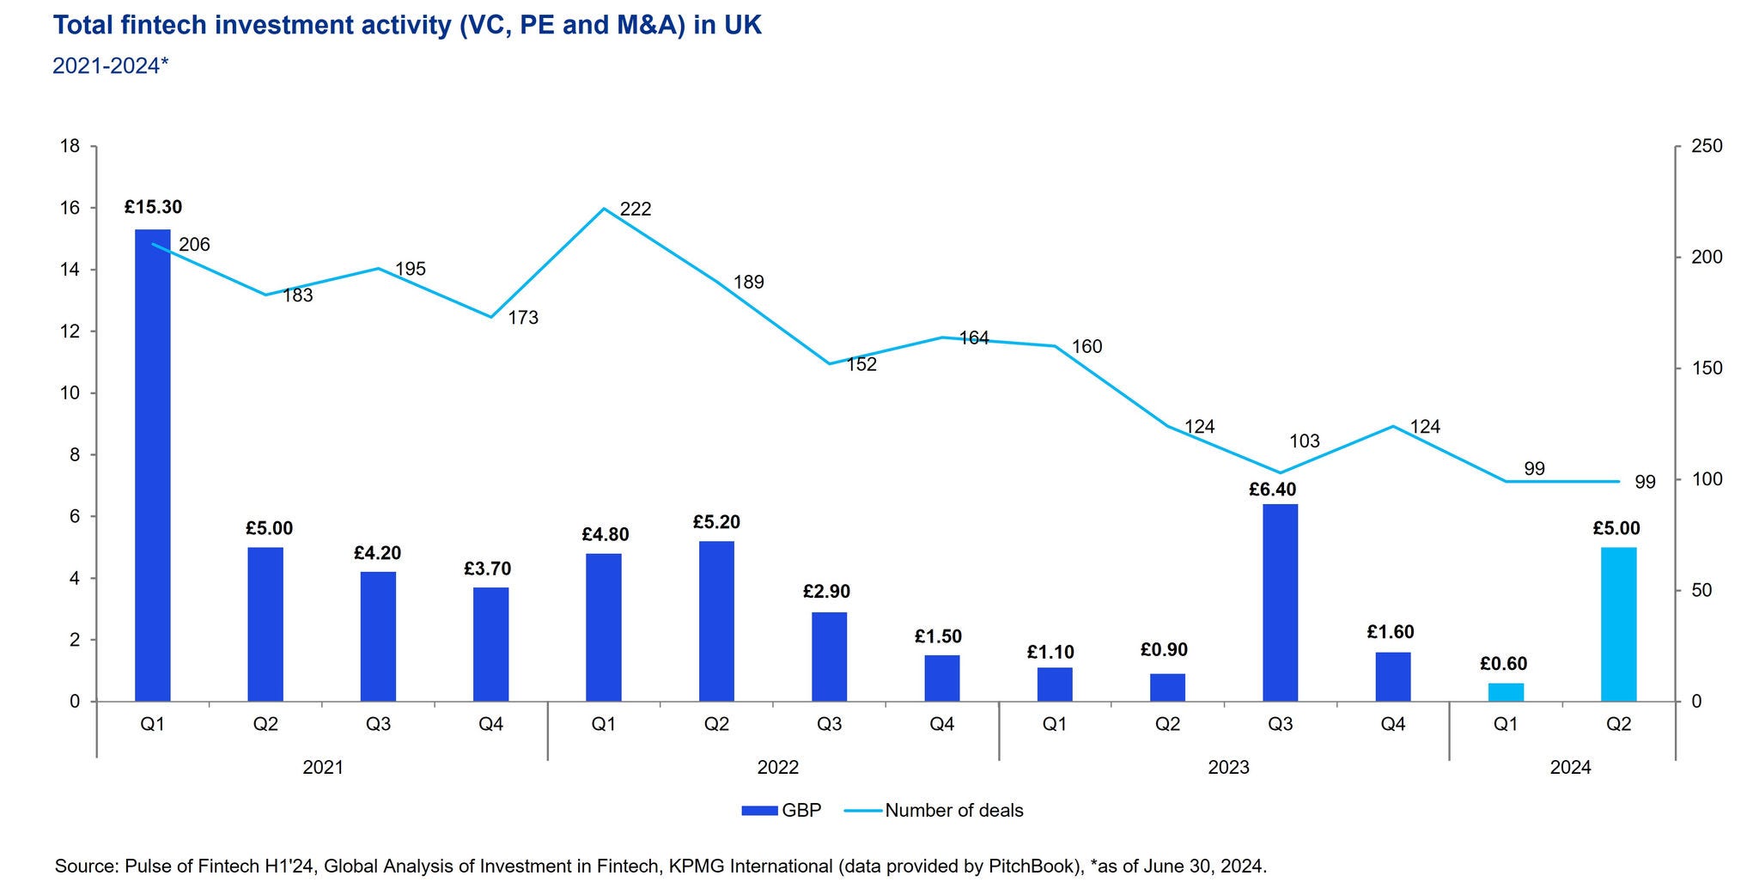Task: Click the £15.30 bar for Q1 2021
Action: coord(153,465)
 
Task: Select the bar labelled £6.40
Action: coord(1280,602)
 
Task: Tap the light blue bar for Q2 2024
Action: coord(1618,624)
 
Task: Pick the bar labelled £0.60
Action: coord(1506,692)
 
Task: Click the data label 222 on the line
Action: coord(636,209)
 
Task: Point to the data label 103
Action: coord(1305,441)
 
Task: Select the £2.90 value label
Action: coord(826,592)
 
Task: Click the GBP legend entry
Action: coord(782,811)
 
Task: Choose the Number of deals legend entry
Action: coord(935,811)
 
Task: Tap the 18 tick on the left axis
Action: coord(70,146)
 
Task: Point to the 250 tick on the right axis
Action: coord(1707,146)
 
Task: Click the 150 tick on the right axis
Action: coord(1707,368)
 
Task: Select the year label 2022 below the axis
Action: coord(777,768)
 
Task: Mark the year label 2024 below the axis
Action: coord(1570,768)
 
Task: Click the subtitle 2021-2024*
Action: coord(111,65)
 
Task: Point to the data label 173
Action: coord(523,318)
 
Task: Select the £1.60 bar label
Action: coord(1391,633)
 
